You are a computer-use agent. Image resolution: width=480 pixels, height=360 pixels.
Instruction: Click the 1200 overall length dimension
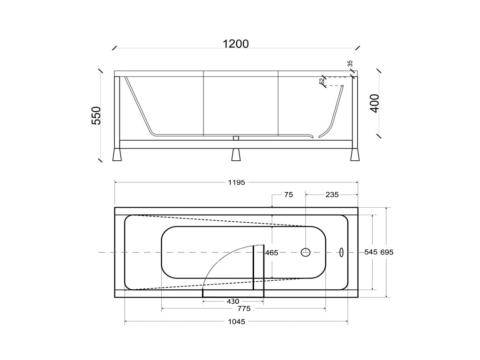coord(236,44)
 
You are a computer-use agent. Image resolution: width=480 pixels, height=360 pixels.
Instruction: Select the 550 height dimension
coord(97,115)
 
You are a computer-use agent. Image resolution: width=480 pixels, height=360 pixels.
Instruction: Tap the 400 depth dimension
coord(375,103)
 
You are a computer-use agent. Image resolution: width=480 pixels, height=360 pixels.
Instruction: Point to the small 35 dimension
coord(350,64)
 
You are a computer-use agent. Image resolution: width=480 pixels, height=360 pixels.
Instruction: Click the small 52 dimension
coord(322,81)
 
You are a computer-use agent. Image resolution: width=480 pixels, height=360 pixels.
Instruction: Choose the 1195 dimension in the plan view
coord(237,182)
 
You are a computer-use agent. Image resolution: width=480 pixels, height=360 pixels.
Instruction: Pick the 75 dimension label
coord(288,195)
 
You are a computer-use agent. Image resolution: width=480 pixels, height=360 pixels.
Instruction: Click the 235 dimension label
coord(332,195)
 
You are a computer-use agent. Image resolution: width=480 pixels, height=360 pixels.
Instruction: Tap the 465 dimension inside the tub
coord(271,253)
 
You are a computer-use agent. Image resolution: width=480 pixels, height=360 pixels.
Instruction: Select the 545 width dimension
coord(371,252)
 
